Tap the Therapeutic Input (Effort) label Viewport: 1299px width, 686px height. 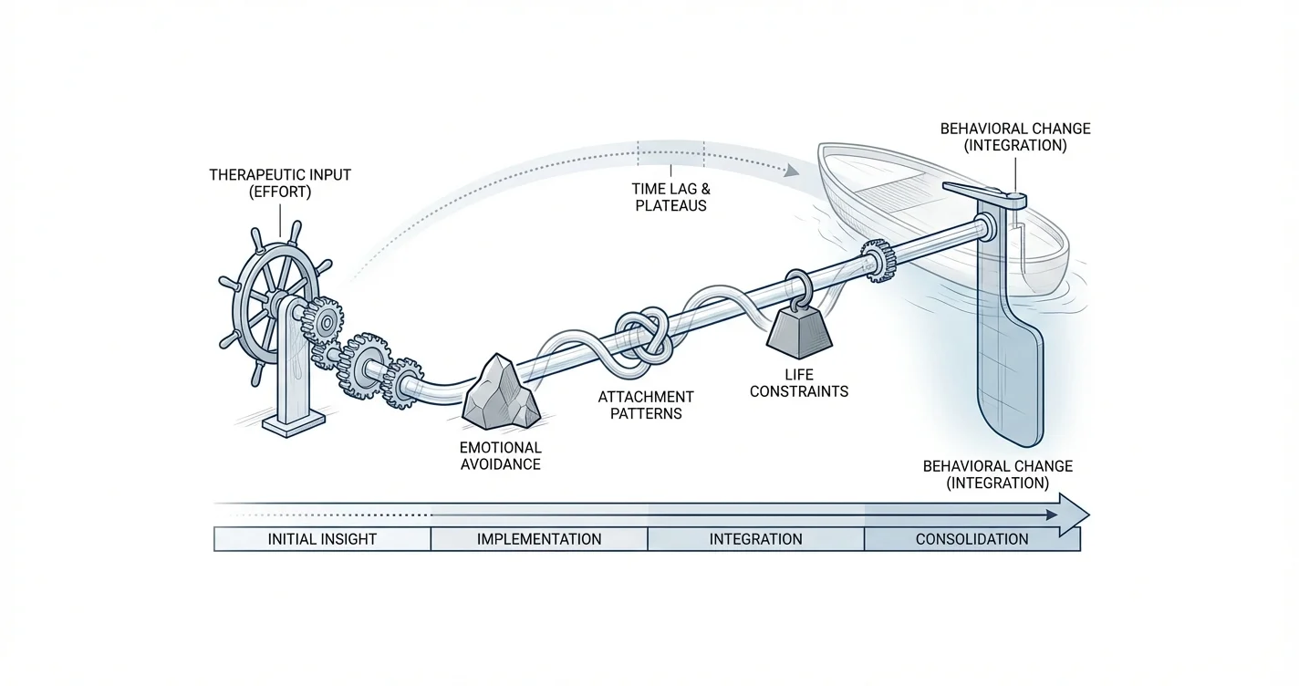coord(279,182)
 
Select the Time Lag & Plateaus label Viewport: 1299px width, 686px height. coord(670,197)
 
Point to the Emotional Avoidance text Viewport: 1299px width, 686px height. coord(500,456)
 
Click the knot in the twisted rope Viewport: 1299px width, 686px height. coord(645,335)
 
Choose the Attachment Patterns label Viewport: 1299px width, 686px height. coord(646,405)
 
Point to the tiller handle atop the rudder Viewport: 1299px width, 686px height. coord(985,192)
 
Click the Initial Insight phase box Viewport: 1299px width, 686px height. coord(322,539)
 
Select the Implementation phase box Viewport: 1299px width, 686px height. coord(539,539)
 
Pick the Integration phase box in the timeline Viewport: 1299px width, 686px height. coord(755,539)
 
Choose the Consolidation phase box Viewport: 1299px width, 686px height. coord(972,539)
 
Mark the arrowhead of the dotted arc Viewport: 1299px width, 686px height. coord(792,170)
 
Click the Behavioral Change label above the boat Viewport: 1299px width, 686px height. coord(1014,137)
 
